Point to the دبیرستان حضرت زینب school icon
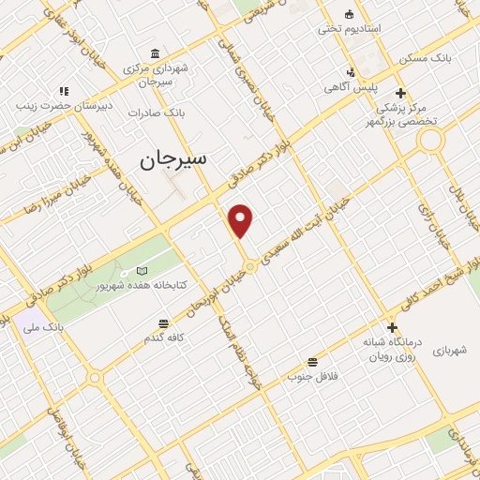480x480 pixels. pyautogui.click(x=65, y=91)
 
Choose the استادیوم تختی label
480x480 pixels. pyautogui.click(x=350, y=29)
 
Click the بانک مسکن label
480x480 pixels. pyautogui.click(x=424, y=58)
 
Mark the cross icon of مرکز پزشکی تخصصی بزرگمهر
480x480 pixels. pyautogui.click(x=401, y=92)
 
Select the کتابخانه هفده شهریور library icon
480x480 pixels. pyautogui.click(x=142, y=271)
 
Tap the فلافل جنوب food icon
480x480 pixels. pyautogui.click(x=312, y=363)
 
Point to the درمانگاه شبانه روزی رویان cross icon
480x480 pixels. pyautogui.click(x=393, y=327)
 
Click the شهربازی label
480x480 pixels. pyautogui.click(x=456, y=351)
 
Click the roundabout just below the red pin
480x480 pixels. pyautogui.click(x=250, y=267)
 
